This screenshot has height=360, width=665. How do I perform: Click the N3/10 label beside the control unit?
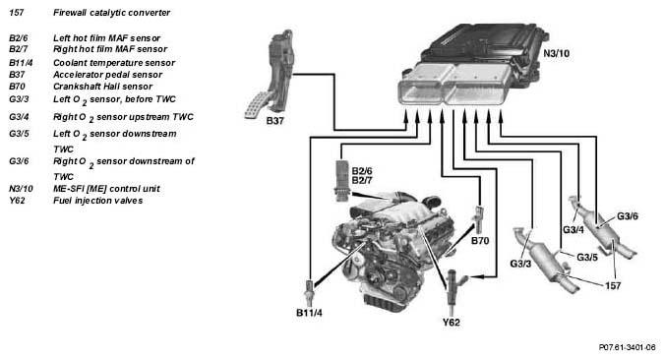click(556, 54)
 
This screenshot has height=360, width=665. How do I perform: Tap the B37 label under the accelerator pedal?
click(274, 121)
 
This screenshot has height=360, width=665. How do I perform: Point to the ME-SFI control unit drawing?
click(474, 65)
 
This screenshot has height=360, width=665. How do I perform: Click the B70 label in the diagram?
click(480, 241)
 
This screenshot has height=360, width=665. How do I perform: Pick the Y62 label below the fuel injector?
click(452, 323)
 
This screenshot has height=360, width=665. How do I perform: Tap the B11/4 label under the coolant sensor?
click(309, 313)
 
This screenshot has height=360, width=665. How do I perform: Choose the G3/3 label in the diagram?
click(520, 264)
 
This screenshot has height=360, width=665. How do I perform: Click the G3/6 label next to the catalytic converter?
click(628, 216)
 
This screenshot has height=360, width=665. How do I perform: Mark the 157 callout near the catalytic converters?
click(613, 286)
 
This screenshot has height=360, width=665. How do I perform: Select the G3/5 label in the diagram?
click(587, 258)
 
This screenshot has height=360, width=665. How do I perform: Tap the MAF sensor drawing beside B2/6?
click(341, 180)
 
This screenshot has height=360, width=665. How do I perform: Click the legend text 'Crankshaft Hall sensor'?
click(102, 87)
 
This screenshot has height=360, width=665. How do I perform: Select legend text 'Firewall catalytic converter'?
click(111, 13)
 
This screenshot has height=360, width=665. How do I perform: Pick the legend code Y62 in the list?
click(17, 201)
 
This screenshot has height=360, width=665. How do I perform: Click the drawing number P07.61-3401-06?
click(628, 347)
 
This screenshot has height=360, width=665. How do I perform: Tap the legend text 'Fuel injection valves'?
click(98, 201)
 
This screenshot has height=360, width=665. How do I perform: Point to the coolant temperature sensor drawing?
click(310, 290)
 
